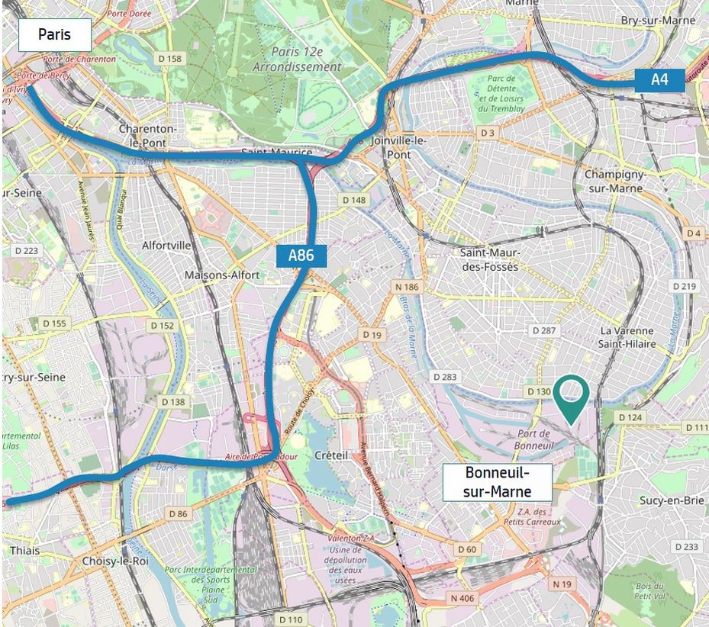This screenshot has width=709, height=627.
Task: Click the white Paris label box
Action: point(54,35)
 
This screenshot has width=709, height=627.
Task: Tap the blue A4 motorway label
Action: point(659,79)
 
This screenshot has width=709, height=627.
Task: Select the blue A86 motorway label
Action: point(301,256)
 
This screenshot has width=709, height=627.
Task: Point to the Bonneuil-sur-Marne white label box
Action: point(497,482)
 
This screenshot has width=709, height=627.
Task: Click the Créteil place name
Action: point(332,455)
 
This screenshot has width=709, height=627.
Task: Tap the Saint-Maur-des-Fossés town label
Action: point(489,259)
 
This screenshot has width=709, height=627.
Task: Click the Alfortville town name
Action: point(166,246)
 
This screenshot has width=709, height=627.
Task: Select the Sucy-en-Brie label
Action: point(671,500)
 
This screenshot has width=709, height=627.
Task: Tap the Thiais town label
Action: point(25,550)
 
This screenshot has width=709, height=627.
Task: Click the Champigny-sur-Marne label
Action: point(614,181)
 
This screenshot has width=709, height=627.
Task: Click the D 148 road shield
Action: point(354,200)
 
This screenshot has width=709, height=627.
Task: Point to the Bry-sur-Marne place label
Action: point(658,21)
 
